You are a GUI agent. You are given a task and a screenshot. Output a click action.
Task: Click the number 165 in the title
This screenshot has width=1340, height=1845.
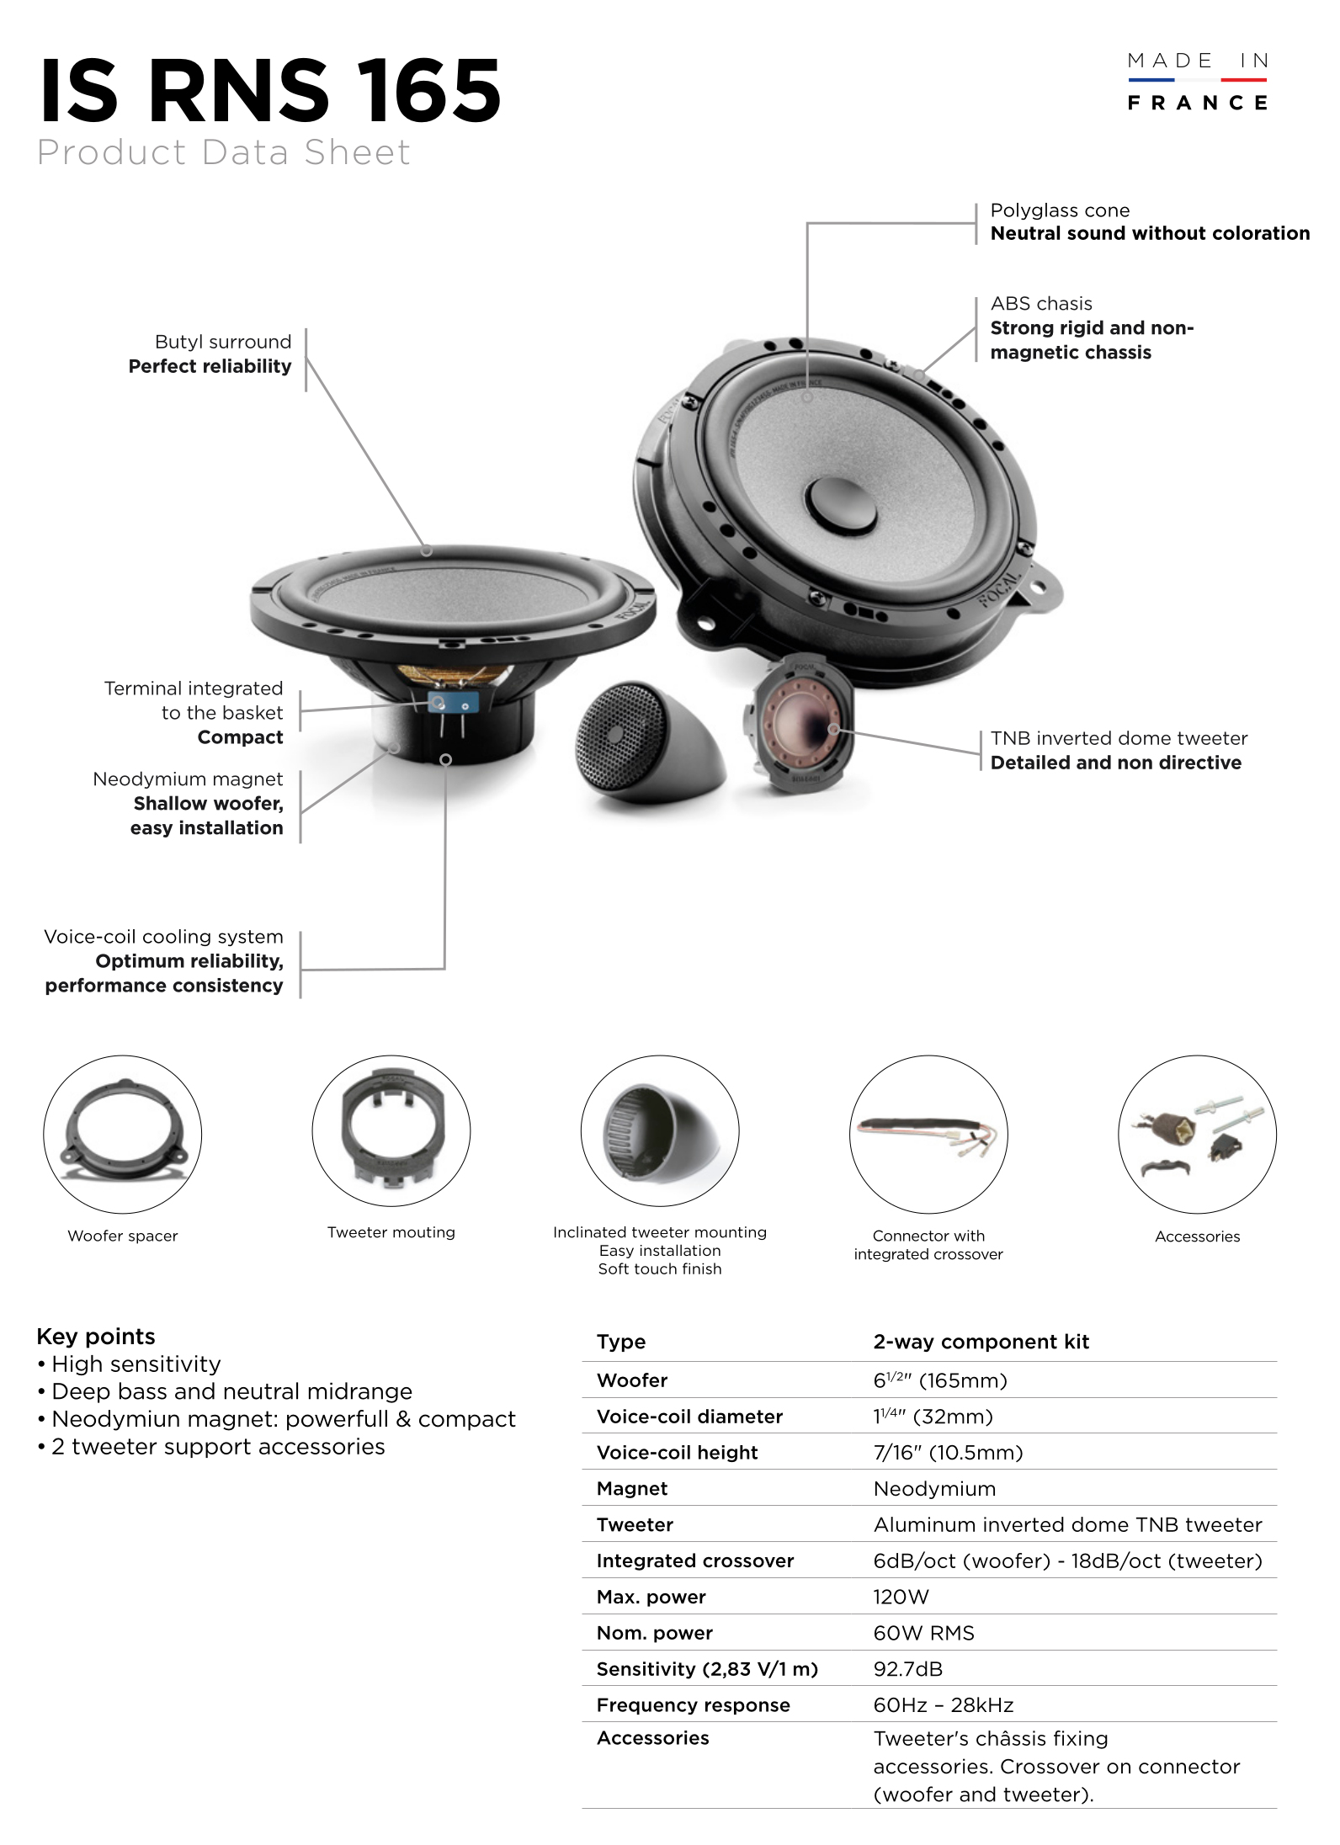429,91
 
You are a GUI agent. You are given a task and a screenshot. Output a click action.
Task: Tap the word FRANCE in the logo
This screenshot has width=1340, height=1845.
1197,104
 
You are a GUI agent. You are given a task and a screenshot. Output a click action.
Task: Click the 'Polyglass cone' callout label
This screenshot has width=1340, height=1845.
1060,210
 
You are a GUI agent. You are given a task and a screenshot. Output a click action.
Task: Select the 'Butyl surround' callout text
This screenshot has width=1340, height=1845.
223,342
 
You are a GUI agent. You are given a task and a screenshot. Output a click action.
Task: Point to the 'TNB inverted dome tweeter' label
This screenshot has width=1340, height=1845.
1119,738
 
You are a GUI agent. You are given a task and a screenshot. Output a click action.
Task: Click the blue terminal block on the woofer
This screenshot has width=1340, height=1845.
453,702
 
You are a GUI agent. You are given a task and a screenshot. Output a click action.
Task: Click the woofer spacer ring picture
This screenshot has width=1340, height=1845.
123,1132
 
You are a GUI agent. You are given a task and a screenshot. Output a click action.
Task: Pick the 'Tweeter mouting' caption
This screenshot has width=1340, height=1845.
391,1232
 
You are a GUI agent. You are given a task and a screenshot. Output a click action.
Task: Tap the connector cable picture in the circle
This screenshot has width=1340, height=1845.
928,1134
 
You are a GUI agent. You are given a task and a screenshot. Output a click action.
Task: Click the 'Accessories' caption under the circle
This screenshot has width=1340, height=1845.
1197,1236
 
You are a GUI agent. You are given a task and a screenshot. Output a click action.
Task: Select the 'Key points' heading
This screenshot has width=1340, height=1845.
96,1337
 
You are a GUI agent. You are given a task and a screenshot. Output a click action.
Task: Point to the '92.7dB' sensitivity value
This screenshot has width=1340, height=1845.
908,1669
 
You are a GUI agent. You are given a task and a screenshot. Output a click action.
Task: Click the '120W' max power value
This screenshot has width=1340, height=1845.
901,1597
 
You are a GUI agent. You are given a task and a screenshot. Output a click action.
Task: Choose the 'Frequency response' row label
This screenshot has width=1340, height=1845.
693,1705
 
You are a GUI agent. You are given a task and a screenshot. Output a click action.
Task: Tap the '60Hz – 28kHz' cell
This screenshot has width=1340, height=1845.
944,1705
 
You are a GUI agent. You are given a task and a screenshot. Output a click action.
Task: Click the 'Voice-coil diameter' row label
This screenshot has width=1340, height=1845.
689,1417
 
